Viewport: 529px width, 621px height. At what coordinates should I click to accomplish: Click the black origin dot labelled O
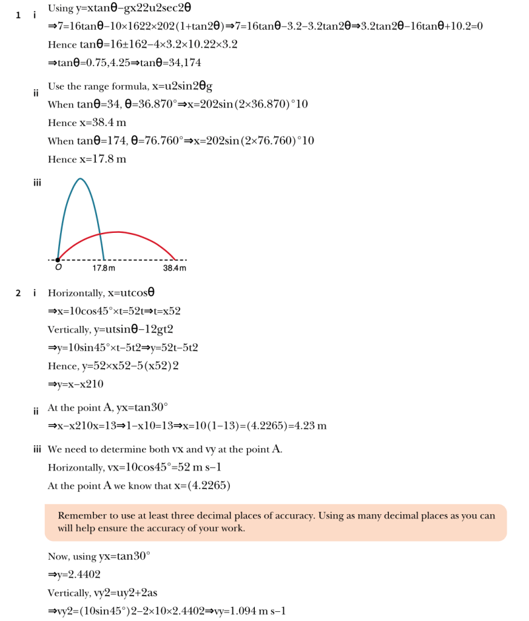(58, 260)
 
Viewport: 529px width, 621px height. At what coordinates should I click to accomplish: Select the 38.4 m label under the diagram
(175, 268)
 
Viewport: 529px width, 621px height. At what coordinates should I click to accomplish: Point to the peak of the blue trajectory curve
(80, 178)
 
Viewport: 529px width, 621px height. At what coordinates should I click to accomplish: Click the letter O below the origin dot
(58, 268)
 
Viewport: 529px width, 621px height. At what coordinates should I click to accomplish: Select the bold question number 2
(19, 293)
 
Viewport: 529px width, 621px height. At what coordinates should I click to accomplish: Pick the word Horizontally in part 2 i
(76, 293)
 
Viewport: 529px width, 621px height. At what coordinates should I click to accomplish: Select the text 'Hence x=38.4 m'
(87, 123)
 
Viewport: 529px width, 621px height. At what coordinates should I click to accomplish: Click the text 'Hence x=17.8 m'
(87, 159)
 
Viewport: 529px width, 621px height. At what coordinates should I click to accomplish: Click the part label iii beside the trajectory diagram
(37, 182)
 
